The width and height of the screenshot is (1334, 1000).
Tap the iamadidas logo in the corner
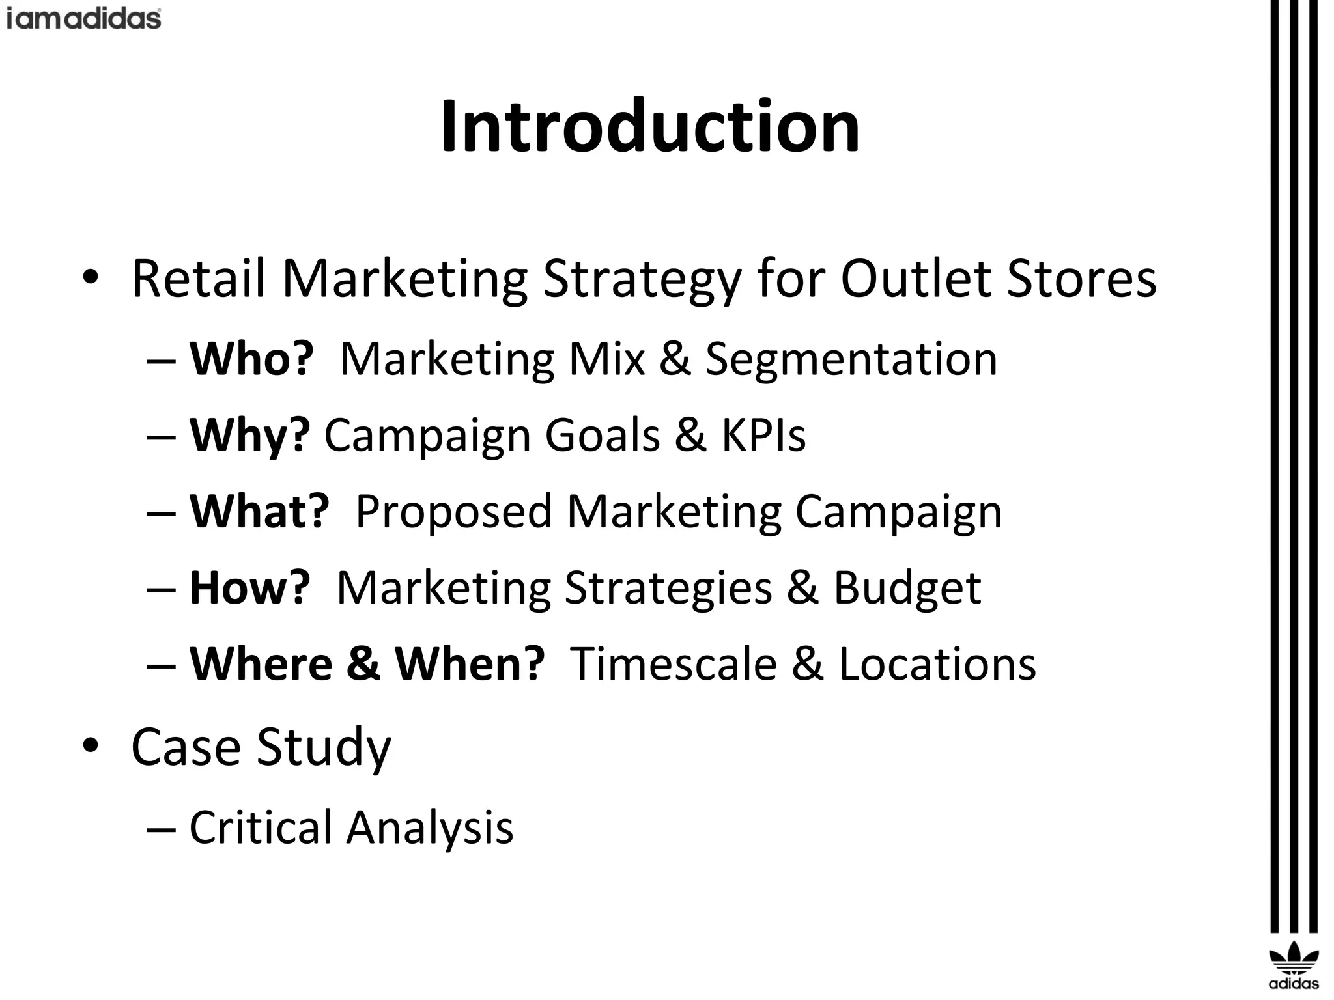pyautogui.click(x=83, y=18)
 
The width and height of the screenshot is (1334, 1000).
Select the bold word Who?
pyautogui.click(x=251, y=359)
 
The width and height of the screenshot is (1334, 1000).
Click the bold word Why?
pyautogui.click(x=249, y=435)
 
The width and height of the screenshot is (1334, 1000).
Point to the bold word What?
pyautogui.click(x=259, y=511)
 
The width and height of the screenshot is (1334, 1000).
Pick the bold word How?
pyautogui.click(x=249, y=587)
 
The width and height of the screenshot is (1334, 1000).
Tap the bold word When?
pyautogui.click(x=470, y=663)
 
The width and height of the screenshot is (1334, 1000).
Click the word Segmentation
pyautogui.click(x=851, y=359)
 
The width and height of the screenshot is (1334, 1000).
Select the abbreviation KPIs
pyautogui.click(x=763, y=435)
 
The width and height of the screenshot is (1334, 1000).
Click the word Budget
pyautogui.click(x=907, y=587)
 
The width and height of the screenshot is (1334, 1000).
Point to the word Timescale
pyautogui.click(x=674, y=663)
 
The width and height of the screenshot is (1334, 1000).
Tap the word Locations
pyautogui.click(x=937, y=663)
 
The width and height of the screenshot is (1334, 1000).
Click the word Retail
pyautogui.click(x=199, y=279)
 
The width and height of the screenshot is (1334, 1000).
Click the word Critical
pyautogui.click(x=261, y=827)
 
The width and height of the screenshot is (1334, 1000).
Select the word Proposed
pyautogui.click(x=453, y=511)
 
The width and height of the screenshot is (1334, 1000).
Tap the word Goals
pyautogui.click(x=602, y=435)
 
